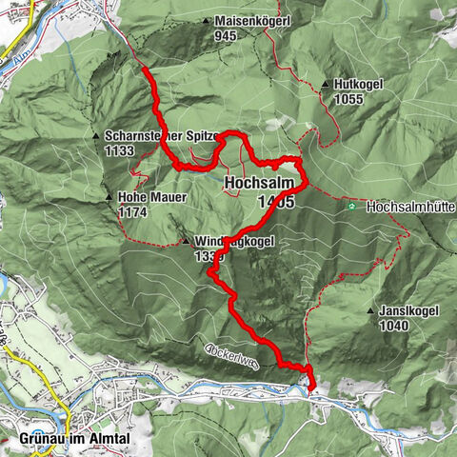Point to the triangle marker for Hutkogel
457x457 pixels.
[x=326, y=85]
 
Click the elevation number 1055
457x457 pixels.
[x=350, y=99]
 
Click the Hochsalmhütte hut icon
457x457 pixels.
[x=354, y=206]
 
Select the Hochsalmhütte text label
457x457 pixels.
[x=405, y=206]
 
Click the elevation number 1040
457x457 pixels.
[x=393, y=326]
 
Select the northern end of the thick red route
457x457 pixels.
[x=142, y=70]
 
